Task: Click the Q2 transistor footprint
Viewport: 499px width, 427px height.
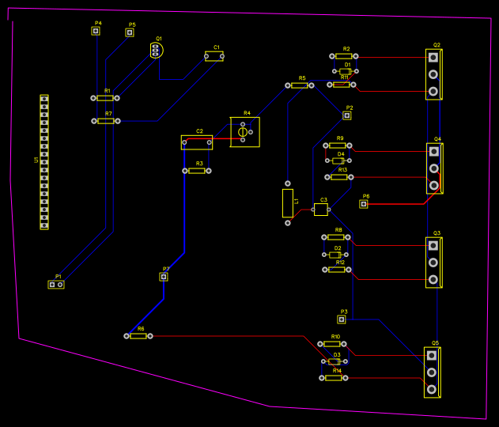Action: pyautogui.click(x=433, y=74)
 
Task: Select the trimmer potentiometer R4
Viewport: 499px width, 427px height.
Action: pyautogui.click(x=244, y=131)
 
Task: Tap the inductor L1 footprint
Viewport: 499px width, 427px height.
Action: pyautogui.click(x=288, y=203)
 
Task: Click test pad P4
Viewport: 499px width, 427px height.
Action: pyautogui.click(x=96, y=32)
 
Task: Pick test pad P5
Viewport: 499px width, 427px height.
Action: pyautogui.click(x=130, y=32)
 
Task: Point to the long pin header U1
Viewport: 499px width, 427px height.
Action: pyautogui.click(x=44, y=162)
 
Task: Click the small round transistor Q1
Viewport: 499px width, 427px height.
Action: pyautogui.click(x=157, y=51)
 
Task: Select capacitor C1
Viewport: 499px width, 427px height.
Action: pyautogui.click(x=214, y=56)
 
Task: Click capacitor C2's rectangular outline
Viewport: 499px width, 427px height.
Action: pyautogui.click(x=197, y=142)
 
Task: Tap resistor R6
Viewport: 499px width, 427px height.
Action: pyautogui.click(x=138, y=336)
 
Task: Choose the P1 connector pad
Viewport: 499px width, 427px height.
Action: pyautogui.click(x=56, y=284)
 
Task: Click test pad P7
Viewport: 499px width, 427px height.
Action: pyautogui.click(x=164, y=277)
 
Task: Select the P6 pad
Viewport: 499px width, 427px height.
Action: pyautogui.click(x=364, y=204)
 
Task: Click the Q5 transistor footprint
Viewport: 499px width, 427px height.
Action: pyautogui.click(x=432, y=372)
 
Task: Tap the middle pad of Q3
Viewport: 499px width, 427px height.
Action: pyautogui.click(x=433, y=263)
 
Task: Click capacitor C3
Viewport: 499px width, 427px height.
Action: pyautogui.click(x=320, y=209)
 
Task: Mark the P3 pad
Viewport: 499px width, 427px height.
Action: pyautogui.click(x=342, y=319)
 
